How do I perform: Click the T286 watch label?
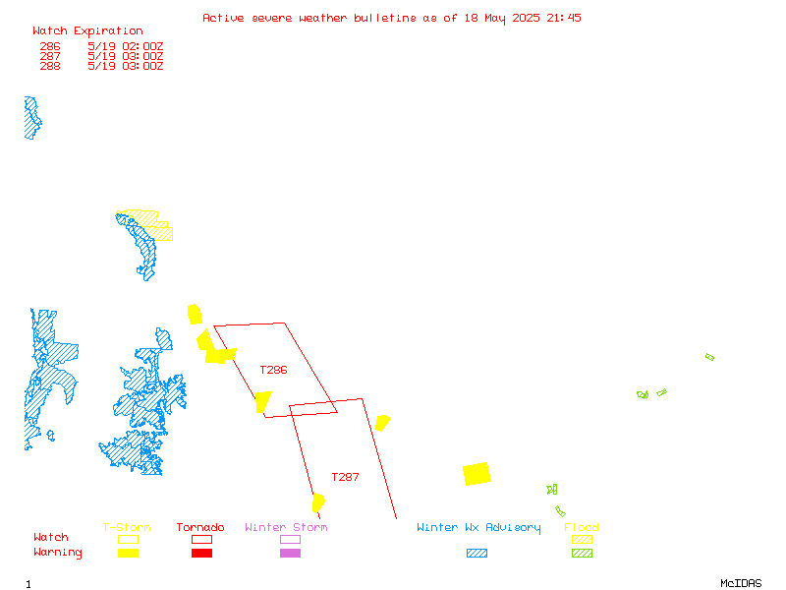pos(273,371)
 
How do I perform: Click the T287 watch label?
pos(345,477)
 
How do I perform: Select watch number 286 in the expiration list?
pos(50,46)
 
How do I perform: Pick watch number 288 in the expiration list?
pos(50,66)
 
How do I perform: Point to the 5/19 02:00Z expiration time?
pos(126,46)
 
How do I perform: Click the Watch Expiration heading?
pos(87,31)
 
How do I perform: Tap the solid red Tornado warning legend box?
pos(201,553)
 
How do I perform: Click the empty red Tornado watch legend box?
pos(201,539)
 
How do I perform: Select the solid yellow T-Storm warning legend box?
pos(129,553)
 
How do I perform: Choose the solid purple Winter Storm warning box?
pos(290,553)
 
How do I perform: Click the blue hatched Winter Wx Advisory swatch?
pos(477,553)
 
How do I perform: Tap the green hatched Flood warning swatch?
pos(582,553)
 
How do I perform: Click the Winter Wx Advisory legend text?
pos(478,528)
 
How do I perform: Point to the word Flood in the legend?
pos(582,527)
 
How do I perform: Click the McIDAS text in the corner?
pos(741,583)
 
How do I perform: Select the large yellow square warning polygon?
pos(477,474)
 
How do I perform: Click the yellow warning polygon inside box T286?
pos(262,402)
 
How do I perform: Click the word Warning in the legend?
pos(58,553)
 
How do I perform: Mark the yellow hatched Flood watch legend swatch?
pos(582,539)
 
